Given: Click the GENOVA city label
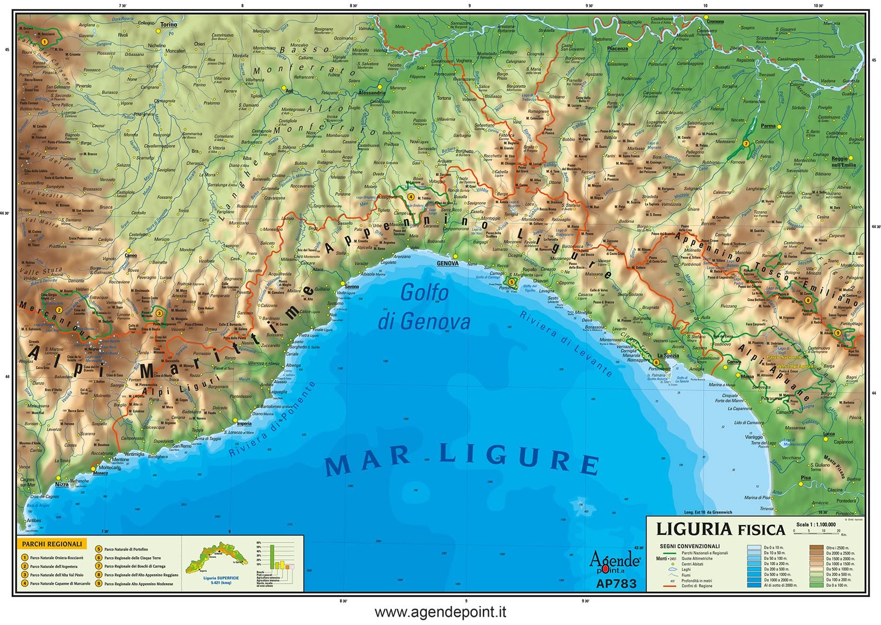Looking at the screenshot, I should point(447,264).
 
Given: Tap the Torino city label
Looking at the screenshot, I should point(169,24).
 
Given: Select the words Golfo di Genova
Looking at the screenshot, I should point(424,307).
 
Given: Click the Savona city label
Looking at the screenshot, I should point(352,287).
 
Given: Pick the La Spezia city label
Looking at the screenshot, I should point(668,356).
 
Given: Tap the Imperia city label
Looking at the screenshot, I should point(244,424).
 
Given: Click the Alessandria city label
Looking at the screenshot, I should point(372,93).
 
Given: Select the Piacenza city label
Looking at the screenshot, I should point(617,49).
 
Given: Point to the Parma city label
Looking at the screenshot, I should point(768,126).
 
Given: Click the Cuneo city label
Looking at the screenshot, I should point(131,256).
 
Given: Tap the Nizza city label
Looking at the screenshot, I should point(62,484).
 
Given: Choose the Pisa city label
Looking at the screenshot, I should point(805,478).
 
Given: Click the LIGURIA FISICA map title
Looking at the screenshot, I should point(720,529).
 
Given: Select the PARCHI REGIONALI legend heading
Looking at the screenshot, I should point(52,544).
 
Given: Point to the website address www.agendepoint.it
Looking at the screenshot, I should point(440,612).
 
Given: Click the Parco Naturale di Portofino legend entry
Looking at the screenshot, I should point(126,549).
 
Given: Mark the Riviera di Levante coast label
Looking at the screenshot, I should point(566,344).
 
